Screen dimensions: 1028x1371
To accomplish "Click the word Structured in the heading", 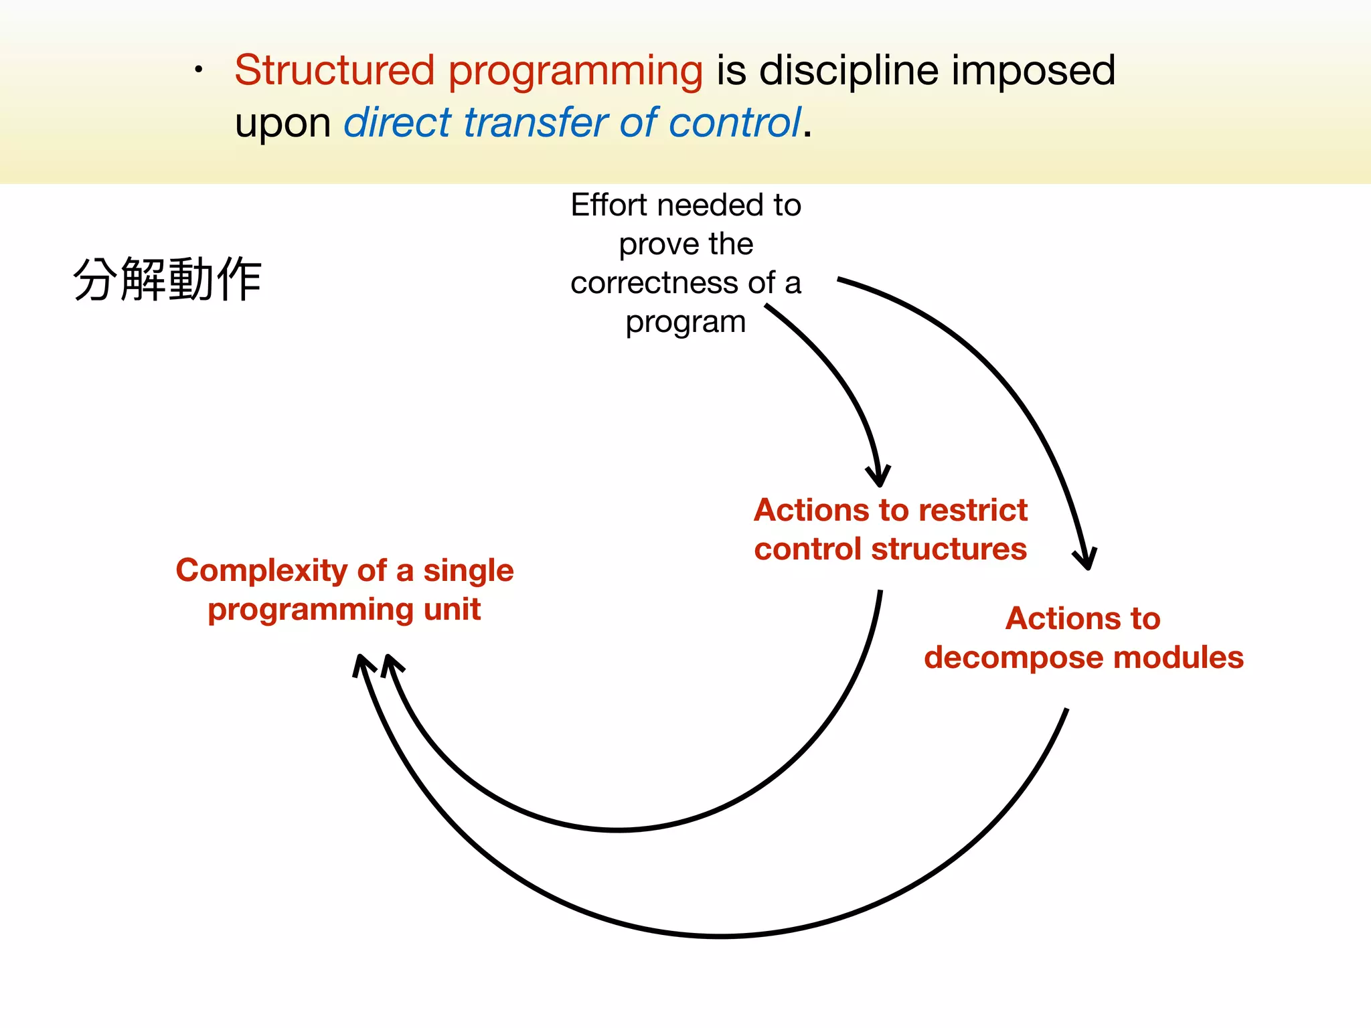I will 334,70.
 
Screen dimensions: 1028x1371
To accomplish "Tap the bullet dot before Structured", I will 198,70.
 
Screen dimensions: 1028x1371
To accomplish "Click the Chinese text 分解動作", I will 167,280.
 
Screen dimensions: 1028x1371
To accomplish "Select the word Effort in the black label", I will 609,205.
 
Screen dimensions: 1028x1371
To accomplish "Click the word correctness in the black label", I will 655,283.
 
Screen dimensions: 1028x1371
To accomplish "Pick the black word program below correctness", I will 685,323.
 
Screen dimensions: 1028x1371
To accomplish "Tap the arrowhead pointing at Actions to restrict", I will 879,477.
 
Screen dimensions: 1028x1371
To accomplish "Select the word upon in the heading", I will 283,124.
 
